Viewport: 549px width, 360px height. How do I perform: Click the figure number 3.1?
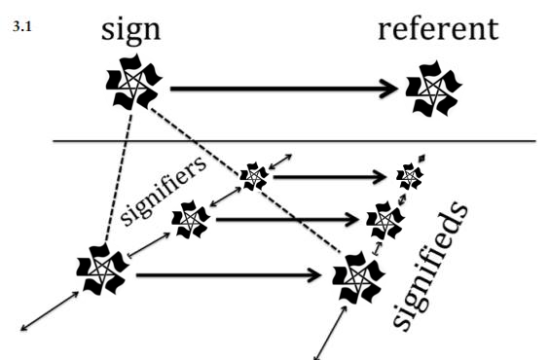click(22, 26)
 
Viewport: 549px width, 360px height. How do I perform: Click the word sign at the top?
click(131, 30)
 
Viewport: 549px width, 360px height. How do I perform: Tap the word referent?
click(438, 28)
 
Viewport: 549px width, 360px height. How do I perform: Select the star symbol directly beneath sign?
click(134, 82)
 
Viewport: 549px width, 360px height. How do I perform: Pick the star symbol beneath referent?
click(434, 89)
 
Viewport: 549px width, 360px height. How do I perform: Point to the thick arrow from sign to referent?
click(284, 89)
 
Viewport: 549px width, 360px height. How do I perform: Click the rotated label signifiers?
click(163, 190)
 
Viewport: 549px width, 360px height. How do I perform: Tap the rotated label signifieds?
click(430, 266)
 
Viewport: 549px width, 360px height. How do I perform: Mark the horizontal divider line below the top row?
click(294, 141)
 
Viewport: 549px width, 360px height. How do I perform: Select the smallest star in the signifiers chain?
click(254, 176)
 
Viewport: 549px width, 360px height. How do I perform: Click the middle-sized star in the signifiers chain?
click(191, 219)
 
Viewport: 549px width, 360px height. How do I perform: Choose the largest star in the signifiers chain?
click(102, 270)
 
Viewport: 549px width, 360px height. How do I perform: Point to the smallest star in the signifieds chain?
click(410, 176)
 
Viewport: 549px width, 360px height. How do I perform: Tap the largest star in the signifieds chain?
click(358, 277)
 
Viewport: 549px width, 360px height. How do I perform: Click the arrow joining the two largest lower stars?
click(229, 275)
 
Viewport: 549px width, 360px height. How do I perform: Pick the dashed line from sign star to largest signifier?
click(119, 177)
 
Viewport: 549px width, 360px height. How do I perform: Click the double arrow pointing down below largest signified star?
click(330, 333)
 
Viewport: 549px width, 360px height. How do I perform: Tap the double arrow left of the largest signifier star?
click(50, 310)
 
